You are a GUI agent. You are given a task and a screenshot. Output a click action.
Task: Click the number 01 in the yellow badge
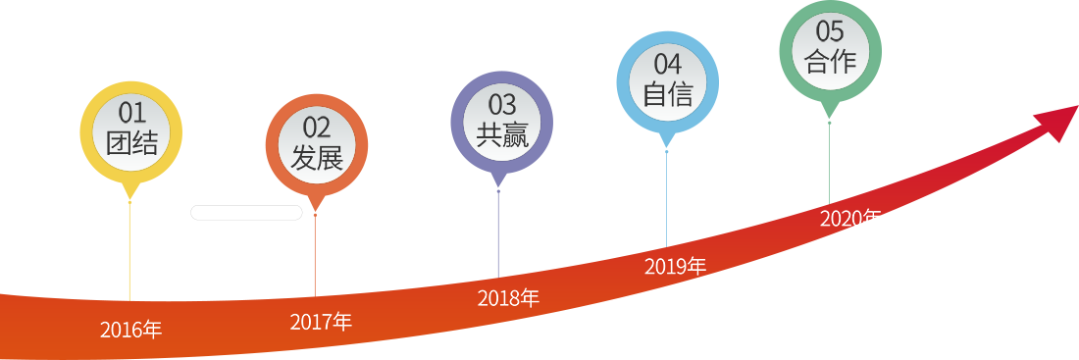pos(130,112)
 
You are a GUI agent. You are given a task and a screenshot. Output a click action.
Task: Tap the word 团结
pos(130,143)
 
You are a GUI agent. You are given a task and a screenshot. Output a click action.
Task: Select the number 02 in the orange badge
pos(317,127)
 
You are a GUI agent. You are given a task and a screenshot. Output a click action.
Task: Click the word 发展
pos(317,158)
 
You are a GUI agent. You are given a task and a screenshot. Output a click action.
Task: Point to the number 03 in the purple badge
pos(502,104)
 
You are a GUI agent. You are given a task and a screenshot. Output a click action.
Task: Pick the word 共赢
pos(502,135)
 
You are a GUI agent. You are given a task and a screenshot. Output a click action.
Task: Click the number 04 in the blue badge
pos(668,64)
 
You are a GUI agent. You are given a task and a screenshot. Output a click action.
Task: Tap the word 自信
pos(668,95)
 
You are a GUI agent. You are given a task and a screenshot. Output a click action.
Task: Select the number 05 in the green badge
pos(830,30)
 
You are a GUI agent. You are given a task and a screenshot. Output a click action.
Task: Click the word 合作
pos(830,62)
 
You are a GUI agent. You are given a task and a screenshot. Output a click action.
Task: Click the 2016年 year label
pos(130,330)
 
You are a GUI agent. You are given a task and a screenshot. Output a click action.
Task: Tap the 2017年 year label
pos(321,321)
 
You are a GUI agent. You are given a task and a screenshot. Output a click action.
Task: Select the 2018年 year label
pos(508,298)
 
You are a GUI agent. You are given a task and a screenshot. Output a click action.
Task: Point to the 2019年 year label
pos(675,266)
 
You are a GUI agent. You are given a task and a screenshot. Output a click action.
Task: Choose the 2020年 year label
pos(849,218)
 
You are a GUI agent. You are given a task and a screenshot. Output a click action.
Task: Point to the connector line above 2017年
pos(315,257)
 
